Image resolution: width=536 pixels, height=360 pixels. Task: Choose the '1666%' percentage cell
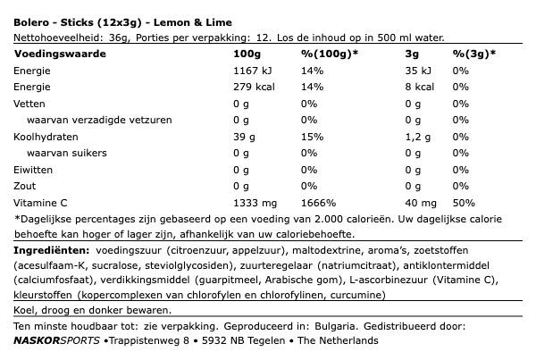(316, 204)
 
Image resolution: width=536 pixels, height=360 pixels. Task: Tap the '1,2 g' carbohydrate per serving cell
(396, 138)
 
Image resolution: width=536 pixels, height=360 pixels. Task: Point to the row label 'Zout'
(27, 188)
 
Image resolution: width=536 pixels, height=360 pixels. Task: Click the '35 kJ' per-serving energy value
(394, 71)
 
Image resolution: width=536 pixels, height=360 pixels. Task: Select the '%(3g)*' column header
(473, 54)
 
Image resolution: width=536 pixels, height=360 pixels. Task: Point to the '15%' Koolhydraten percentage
(311, 138)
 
